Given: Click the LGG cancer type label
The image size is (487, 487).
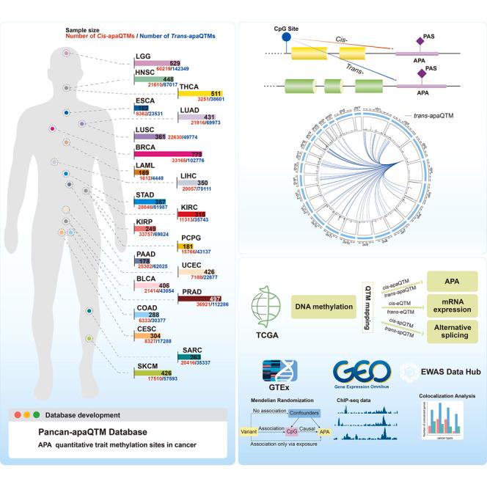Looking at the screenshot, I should tap(142, 56).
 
